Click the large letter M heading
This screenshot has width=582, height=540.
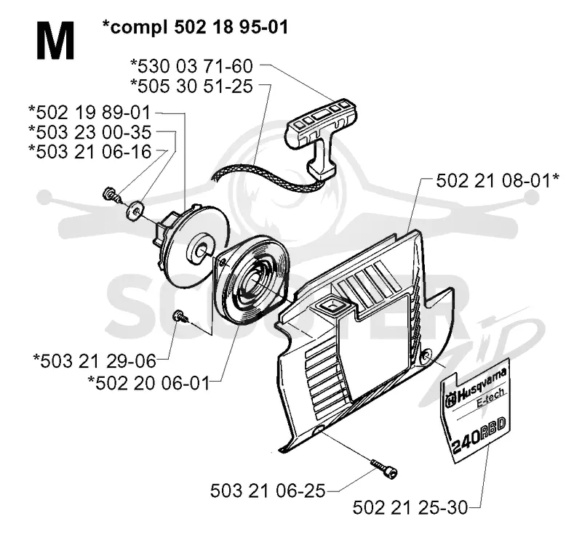pos(55,41)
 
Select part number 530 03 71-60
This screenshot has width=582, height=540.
pos(191,67)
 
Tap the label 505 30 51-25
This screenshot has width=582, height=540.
pos(191,86)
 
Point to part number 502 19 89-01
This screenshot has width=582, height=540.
pos(89,113)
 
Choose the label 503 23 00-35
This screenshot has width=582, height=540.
pos(89,132)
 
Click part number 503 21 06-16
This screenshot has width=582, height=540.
pos(89,152)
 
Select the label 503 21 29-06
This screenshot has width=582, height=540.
pos(95,361)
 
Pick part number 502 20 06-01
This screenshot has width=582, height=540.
pos(148,383)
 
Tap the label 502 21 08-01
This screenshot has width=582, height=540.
pos(498,182)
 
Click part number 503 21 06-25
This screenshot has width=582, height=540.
pos(268,491)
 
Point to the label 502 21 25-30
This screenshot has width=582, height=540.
pos(410,508)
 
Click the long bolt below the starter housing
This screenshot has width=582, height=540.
pos(384,467)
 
